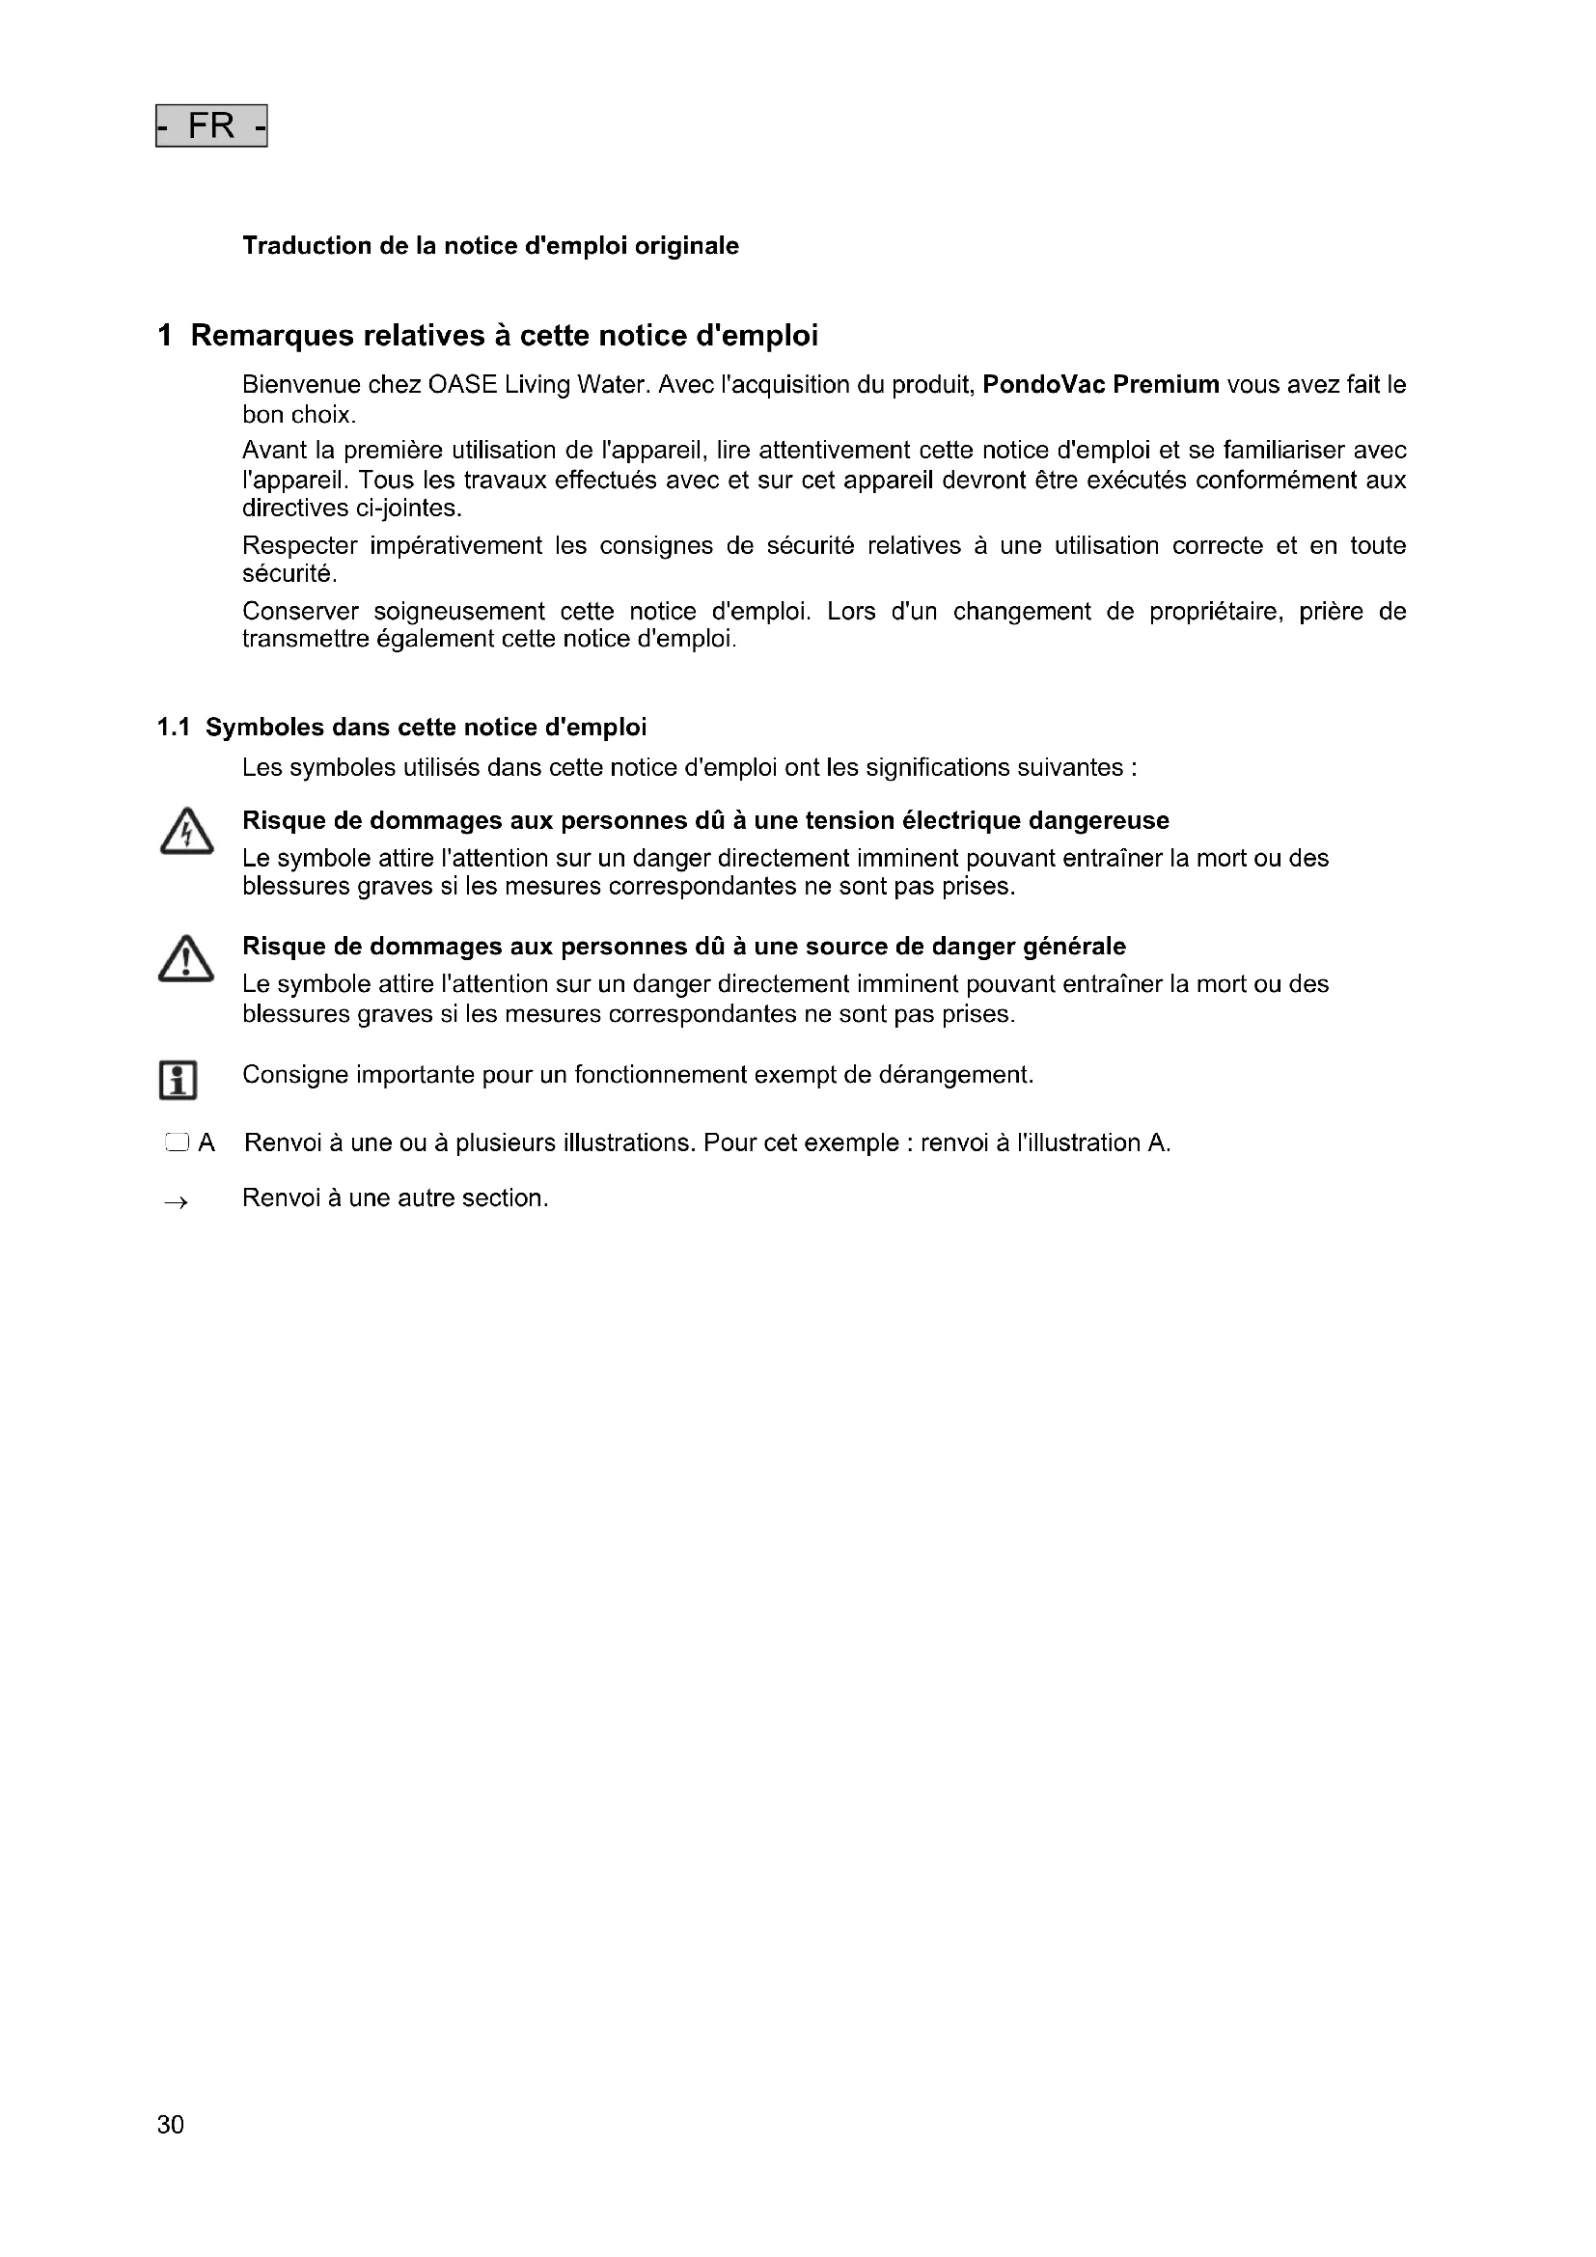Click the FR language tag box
[x=211, y=125]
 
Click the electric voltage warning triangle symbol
[x=185, y=833]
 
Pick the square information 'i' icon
[x=178, y=1080]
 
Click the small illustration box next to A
[x=176, y=1142]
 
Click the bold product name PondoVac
[x=1043, y=384]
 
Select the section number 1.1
[x=173, y=728]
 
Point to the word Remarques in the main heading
[x=271, y=336]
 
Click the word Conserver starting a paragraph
[x=301, y=612]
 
